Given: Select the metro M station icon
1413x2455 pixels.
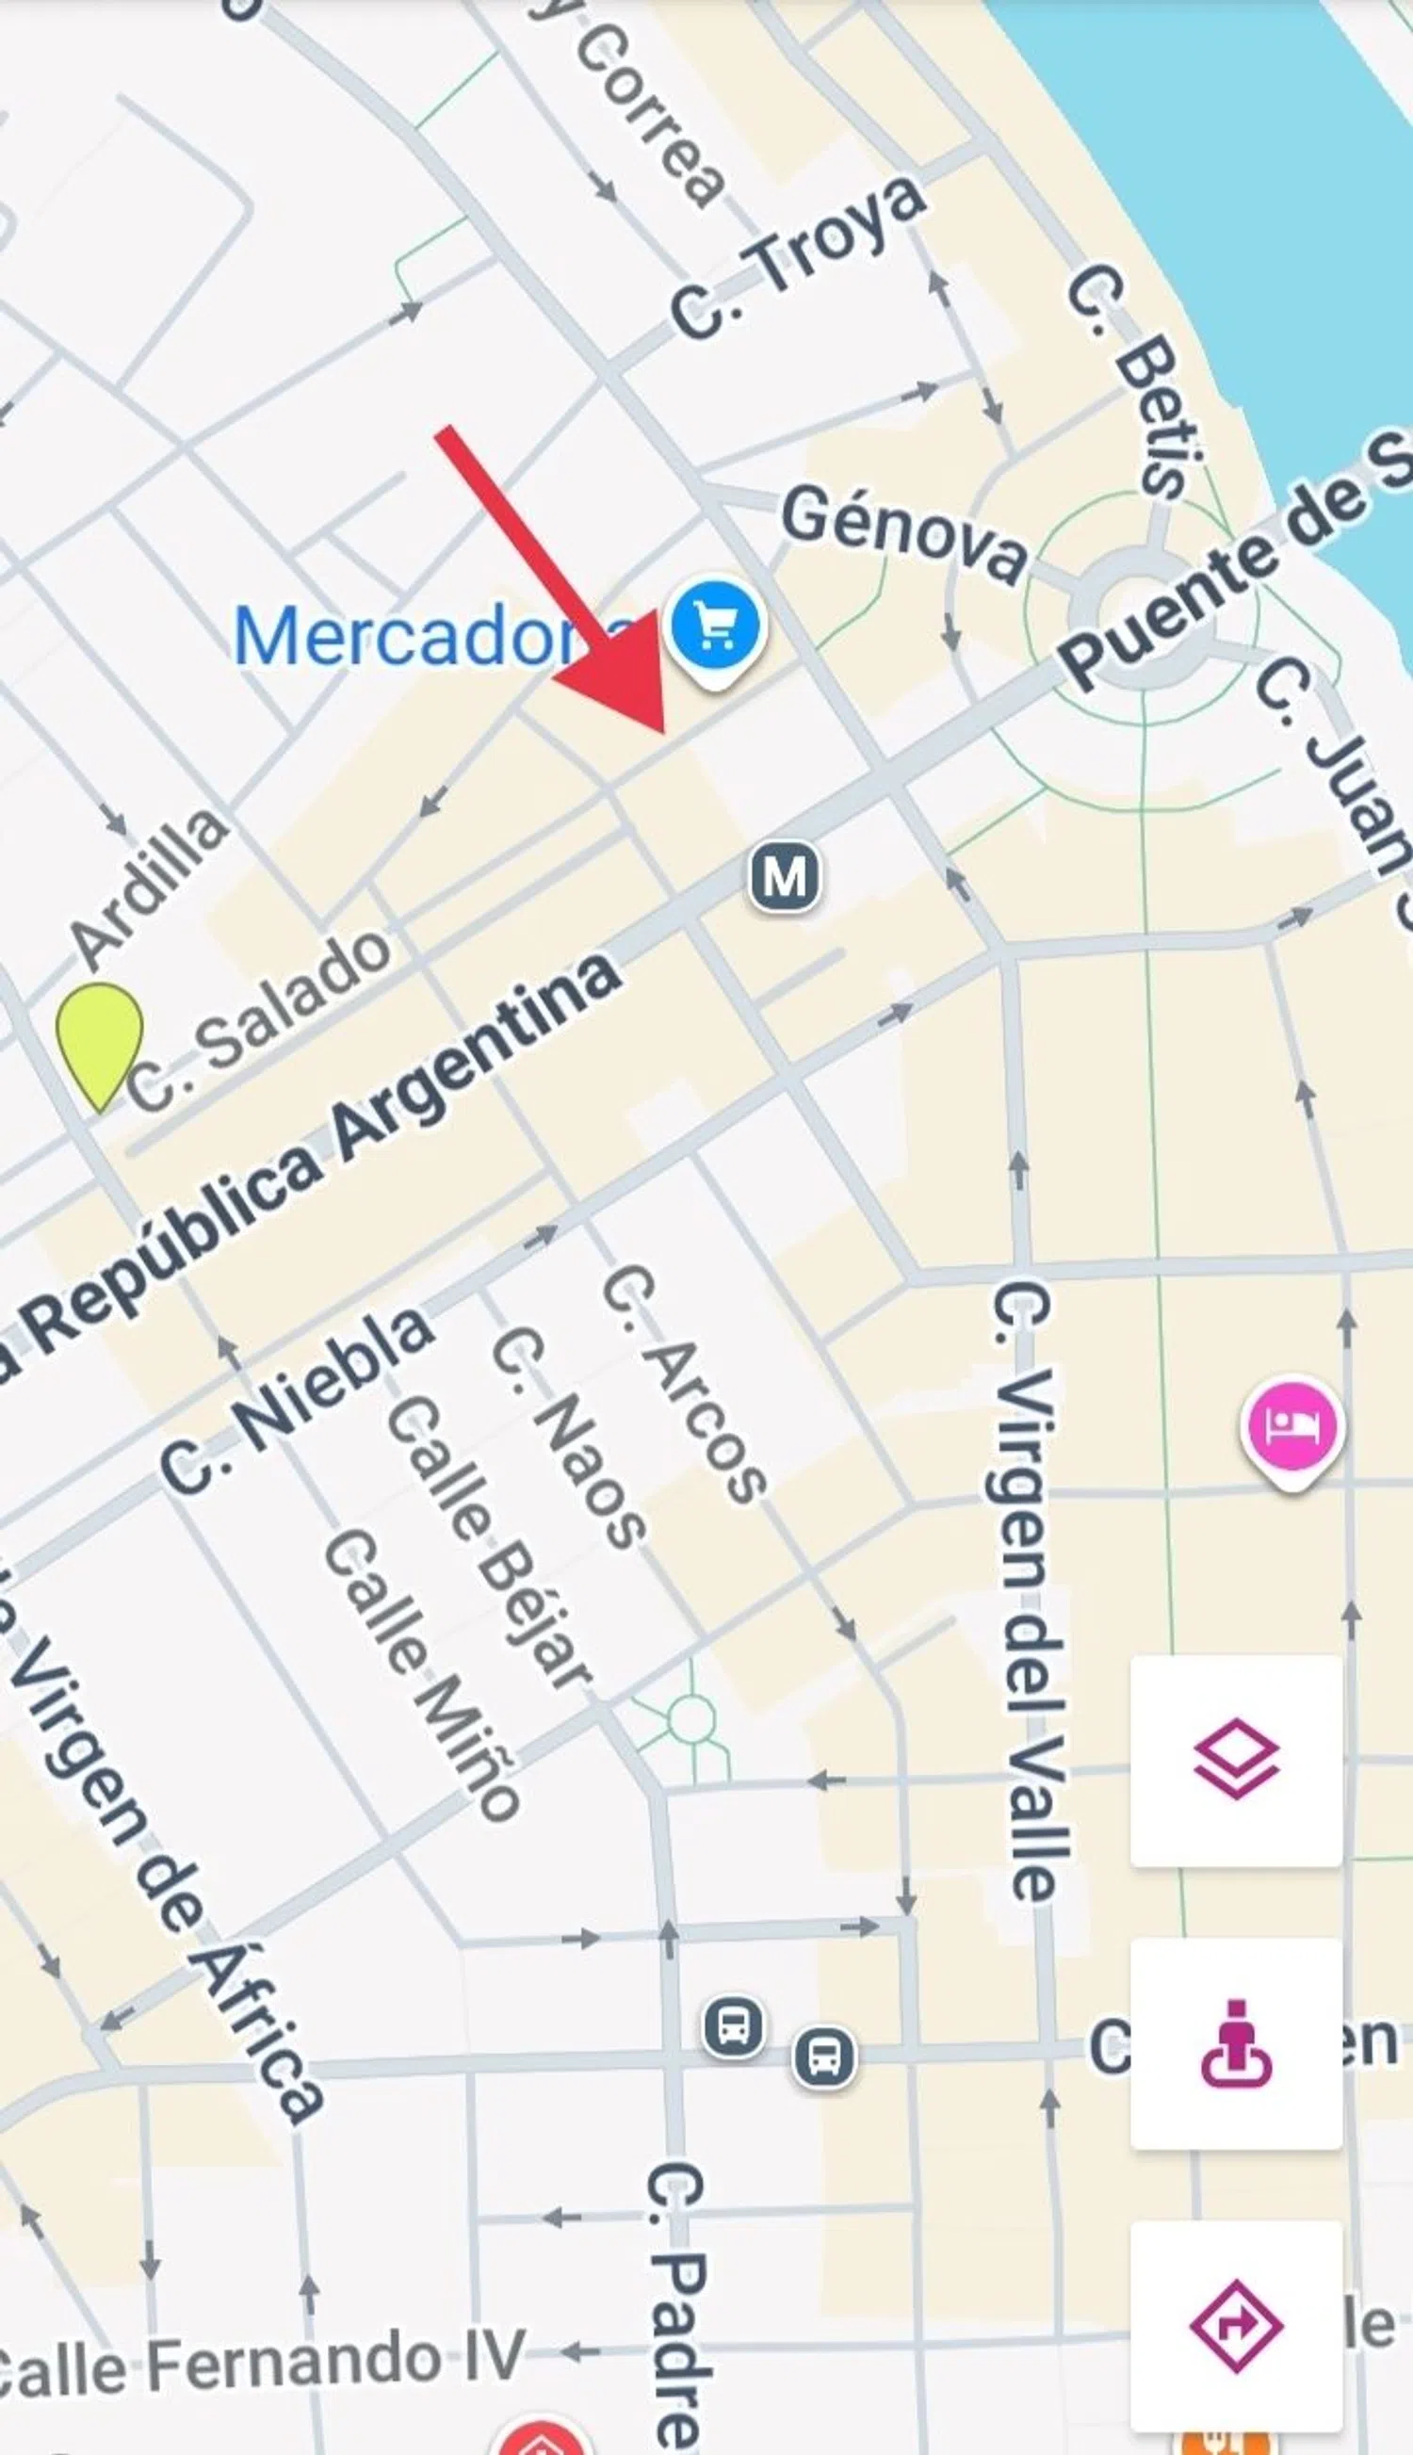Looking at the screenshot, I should (784, 877).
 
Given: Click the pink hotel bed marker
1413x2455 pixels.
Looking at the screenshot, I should (1291, 1425).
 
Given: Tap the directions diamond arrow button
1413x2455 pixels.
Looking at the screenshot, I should (1236, 2325).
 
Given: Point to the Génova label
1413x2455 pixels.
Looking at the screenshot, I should (904, 535).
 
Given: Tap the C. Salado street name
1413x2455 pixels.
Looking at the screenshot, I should (260, 1019).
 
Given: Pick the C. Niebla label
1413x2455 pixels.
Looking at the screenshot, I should (296, 1401).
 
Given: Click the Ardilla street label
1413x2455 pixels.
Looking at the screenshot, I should (151, 886).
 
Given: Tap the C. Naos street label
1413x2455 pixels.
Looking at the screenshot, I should (569, 1441).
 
